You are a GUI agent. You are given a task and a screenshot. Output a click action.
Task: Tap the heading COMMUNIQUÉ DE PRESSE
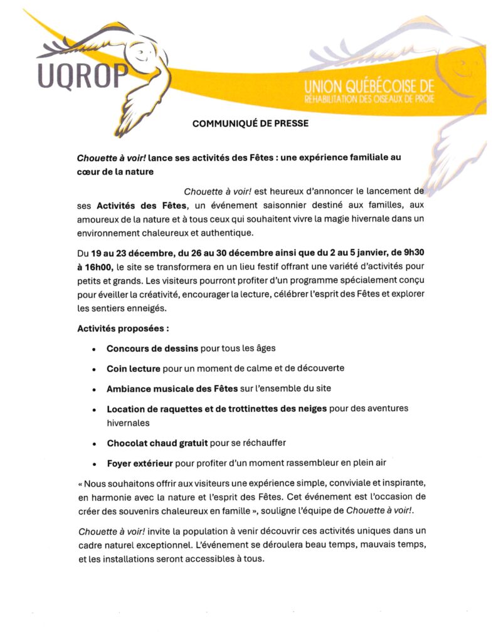point(250,124)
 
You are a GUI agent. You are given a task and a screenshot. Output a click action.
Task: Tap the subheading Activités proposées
point(123,328)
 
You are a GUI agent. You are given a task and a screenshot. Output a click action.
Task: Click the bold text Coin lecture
point(134,368)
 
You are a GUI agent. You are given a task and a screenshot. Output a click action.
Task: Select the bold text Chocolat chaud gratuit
point(157,443)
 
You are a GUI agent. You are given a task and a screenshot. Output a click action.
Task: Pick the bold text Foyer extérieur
point(140,464)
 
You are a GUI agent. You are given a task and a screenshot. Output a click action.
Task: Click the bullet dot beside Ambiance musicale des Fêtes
point(94,389)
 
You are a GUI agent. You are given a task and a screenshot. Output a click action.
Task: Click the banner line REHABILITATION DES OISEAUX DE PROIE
point(368,99)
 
